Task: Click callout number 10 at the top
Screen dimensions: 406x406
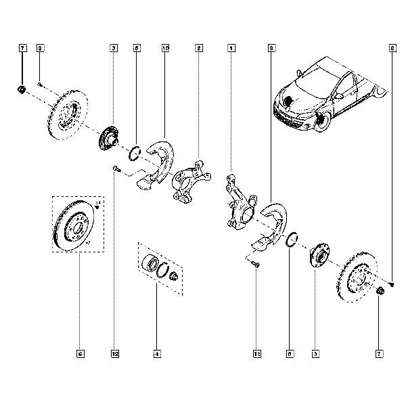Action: pyautogui.click(x=166, y=48)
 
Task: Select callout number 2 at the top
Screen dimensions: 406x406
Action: pyautogui.click(x=199, y=48)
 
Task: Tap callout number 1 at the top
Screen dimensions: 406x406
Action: pyautogui.click(x=231, y=48)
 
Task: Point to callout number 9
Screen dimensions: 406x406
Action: pyautogui.click(x=271, y=48)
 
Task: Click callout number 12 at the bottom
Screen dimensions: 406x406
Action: pyautogui.click(x=115, y=353)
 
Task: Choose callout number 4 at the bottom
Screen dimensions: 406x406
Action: pyautogui.click(x=156, y=353)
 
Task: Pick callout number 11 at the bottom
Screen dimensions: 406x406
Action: pyautogui.click(x=257, y=353)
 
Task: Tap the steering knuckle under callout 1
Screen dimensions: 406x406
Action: pyautogui.click(x=237, y=201)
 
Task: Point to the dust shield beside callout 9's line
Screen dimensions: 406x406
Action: pyautogui.click(x=267, y=223)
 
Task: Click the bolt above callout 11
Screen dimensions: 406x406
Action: pyautogui.click(x=255, y=263)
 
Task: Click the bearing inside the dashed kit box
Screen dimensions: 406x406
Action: pyautogui.click(x=151, y=265)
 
